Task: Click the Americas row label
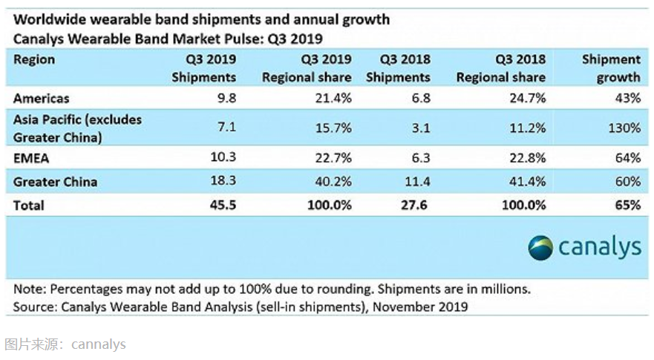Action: pyautogui.click(x=42, y=97)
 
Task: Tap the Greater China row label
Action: pyautogui.click(x=56, y=181)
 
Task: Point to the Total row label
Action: pyautogui.click(x=29, y=205)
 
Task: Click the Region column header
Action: pyautogui.click(x=34, y=59)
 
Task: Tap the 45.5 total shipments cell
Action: pyautogui.click(x=223, y=205)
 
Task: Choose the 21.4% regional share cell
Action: pyautogui.click(x=333, y=97)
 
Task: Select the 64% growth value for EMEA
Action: pyautogui.click(x=627, y=157)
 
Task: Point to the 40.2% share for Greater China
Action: pyautogui.click(x=333, y=181)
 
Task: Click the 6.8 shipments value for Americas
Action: pyautogui.click(x=420, y=97)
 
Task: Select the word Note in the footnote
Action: pyautogui.click(x=29, y=289)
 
